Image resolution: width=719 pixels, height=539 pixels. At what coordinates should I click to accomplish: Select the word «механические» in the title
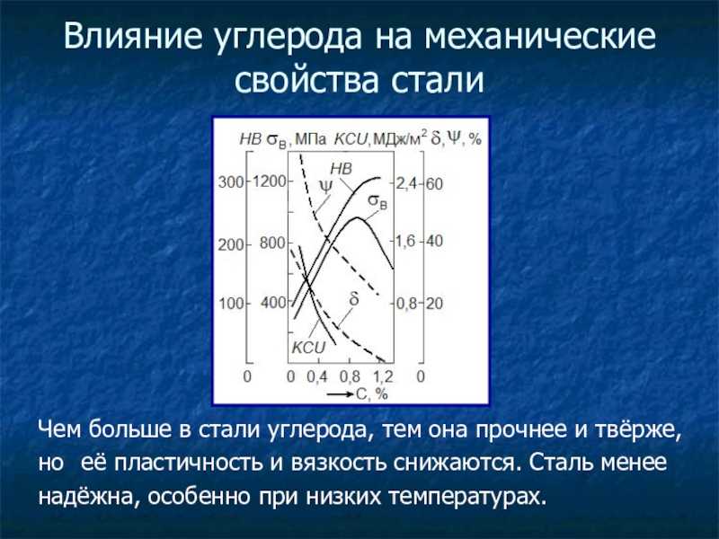coord(540,37)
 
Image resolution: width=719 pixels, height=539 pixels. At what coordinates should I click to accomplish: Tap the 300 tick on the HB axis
coord(231,182)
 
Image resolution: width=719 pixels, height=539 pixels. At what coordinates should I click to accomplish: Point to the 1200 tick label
coord(270,181)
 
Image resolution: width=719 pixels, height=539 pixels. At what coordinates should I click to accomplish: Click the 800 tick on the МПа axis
coord(273,243)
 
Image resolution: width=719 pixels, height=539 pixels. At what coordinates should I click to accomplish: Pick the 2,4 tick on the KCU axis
coord(406,184)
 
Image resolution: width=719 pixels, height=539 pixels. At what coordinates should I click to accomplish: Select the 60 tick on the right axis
coord(434,184)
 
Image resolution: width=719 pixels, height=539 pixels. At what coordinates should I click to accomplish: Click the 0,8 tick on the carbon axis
coord(351,376)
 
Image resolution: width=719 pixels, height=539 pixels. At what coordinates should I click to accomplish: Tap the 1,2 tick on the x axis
coord(383,376)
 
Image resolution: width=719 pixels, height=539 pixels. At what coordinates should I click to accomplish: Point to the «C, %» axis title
coord(372,393)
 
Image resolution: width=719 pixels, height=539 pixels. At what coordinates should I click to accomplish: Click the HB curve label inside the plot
coord(342,169)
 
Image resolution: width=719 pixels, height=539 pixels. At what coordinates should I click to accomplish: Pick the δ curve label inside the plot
coord(354,299)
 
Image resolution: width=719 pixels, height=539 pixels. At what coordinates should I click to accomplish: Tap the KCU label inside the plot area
coord(308,348)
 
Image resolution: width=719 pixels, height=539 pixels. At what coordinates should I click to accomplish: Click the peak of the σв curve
coord(357,217)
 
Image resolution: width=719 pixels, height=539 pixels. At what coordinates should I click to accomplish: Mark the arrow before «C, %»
coord(341,393)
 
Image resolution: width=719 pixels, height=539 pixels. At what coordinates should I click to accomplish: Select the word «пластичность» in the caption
coord(189,463)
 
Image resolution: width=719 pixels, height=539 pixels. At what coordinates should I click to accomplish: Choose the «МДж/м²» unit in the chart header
coord(400,138)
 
